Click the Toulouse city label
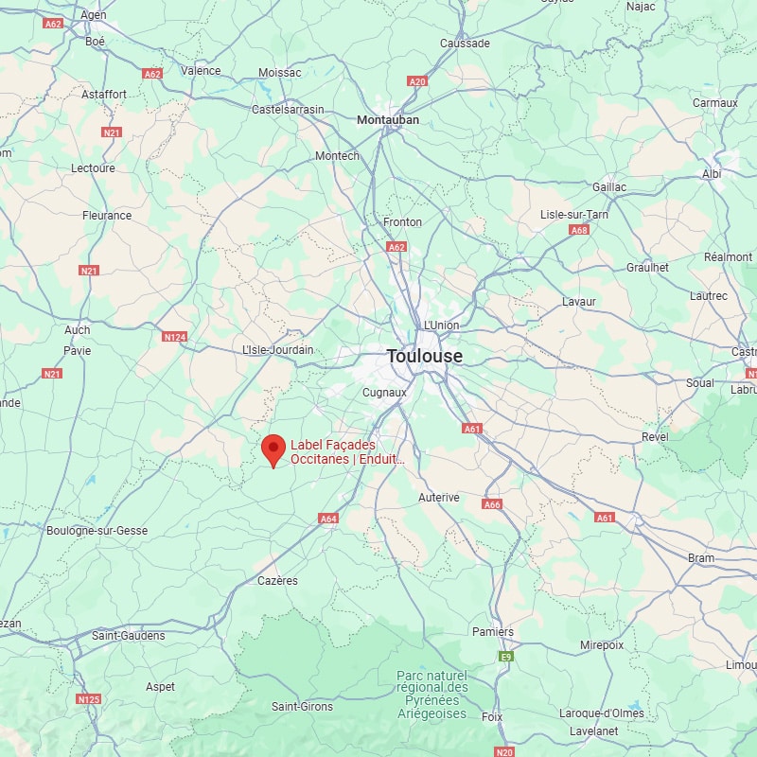coord(425,357)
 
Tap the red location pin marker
coord(274,449)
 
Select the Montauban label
coord(388,120)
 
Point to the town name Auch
coord(78,330)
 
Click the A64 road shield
coord(328,519)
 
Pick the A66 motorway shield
coord(492,505)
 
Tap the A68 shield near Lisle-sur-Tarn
coord(580,230)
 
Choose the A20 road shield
coord(417,82)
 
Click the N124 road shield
coord(174,337)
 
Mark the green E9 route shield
coord(506,656)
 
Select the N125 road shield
coord(88,699)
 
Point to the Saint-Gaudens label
coord(129,636)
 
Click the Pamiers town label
coord(493,632)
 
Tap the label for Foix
coord(492,717)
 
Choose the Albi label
coord(712,174)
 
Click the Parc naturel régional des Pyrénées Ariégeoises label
coord(432,695)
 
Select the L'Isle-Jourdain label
coord(278,350)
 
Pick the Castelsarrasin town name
coord(288,110)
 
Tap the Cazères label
coord(277,581)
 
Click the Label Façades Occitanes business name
coord(347,452)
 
